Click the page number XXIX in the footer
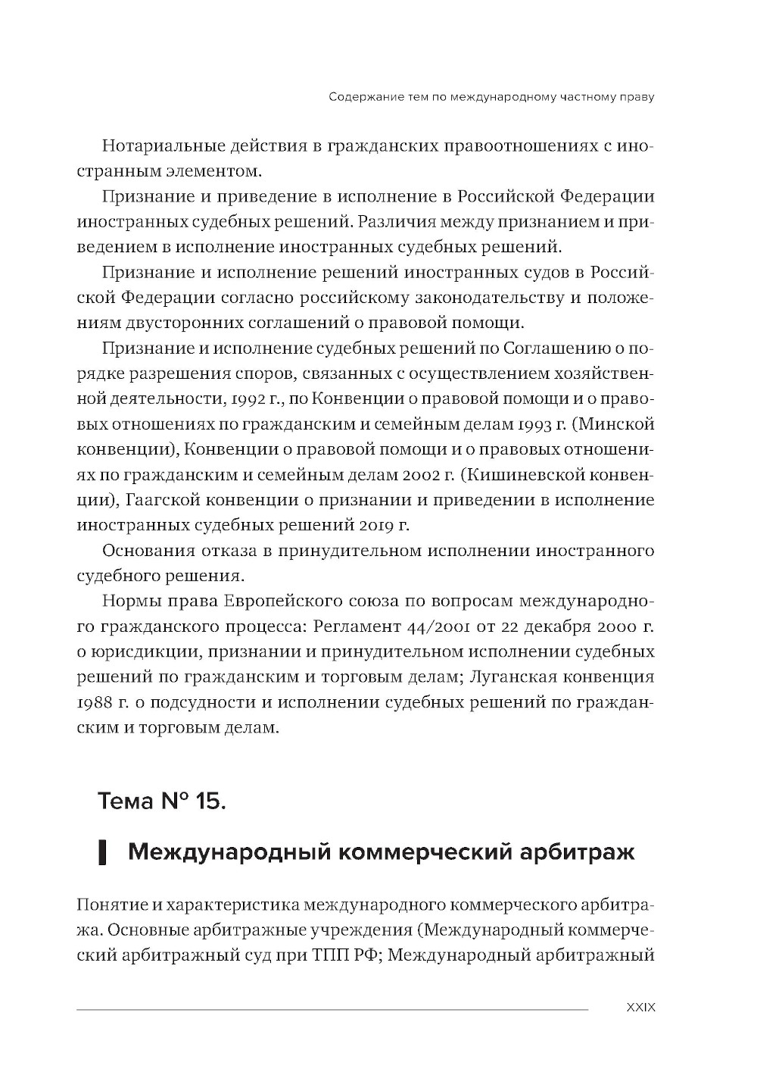640,1008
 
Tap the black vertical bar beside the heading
101,853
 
